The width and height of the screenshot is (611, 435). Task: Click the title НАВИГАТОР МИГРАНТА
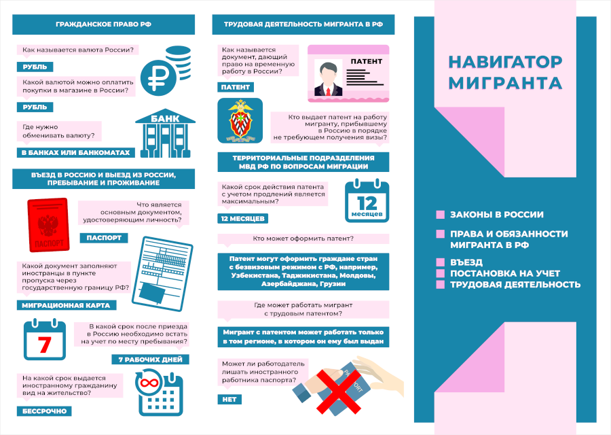(505, 72)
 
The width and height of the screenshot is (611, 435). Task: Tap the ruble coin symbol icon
(158, 78)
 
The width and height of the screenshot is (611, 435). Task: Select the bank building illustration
(165, 133)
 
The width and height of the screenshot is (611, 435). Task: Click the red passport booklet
(48, 225)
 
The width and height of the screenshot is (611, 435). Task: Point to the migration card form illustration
(162, 273)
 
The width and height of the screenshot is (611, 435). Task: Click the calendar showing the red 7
(44, 339)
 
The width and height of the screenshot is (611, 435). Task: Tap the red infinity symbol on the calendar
(148, 383)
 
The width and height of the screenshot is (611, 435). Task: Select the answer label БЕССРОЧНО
(44, 411)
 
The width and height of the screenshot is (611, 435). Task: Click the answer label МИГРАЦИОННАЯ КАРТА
(67, 305)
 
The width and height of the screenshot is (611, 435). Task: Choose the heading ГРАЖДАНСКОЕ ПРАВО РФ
(103, 24)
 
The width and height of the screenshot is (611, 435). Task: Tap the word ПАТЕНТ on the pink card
(367, 61)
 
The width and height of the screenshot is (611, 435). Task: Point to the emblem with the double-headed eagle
(240, 121)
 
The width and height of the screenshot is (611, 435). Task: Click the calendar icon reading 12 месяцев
(367, 201)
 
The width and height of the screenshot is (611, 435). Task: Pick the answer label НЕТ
(229, 400)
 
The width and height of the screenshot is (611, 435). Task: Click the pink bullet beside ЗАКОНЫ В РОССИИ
(441, 215)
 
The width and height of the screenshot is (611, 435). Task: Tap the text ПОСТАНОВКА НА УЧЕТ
(505, 273)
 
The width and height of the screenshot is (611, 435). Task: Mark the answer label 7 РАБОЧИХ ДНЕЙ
(151, 360)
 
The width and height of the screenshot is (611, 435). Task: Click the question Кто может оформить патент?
(303, 239)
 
